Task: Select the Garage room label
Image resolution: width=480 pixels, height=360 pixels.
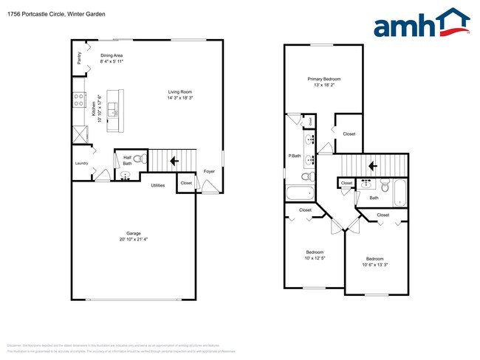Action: coord(133,233)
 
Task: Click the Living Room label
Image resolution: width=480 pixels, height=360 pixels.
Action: coord(180,91)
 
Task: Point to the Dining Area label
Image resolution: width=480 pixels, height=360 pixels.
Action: coord(112,55)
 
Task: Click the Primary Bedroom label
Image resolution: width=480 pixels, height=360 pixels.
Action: coord(324,79)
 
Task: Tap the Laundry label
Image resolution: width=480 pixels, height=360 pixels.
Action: coord(81,165)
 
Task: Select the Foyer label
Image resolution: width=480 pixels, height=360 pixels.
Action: coord(210,171)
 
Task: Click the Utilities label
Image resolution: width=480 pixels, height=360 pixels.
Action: coord(158,185)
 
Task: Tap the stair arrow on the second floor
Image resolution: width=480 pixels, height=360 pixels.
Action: coord(374,165)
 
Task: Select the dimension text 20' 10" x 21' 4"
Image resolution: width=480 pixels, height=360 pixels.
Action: coord(133,240)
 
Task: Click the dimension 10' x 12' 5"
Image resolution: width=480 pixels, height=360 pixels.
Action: coord(315,258)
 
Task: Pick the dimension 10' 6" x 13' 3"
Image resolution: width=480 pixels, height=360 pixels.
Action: coord(376,265)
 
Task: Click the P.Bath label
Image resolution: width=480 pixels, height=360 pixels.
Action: coord(294,156)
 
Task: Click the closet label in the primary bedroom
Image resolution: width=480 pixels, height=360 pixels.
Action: coord(349,134)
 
